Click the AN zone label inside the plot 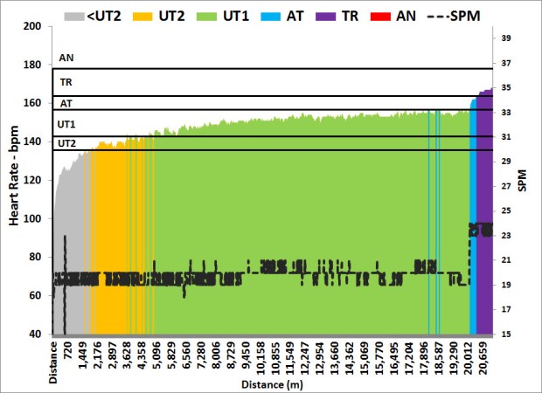tap(66, 59)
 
